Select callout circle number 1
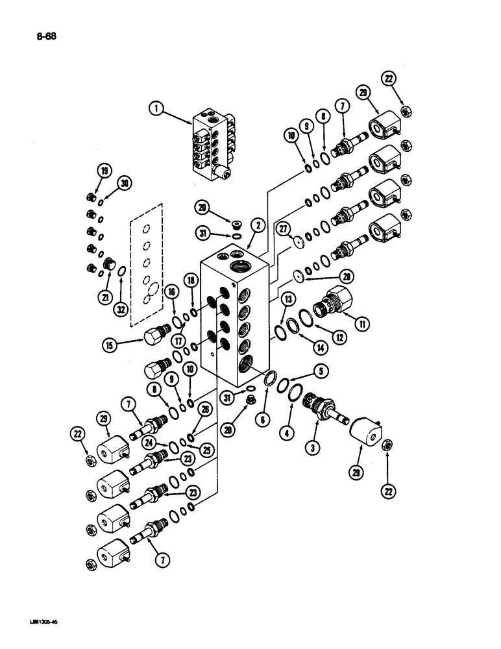tap(155, 110)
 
